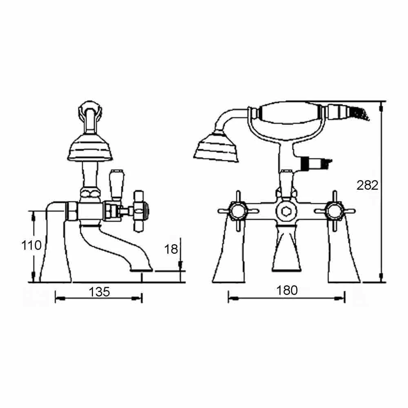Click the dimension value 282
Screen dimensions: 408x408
[367, 185]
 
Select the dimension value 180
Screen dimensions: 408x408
[287, 290]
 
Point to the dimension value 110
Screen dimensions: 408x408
[31, 245]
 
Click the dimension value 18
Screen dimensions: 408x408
[172, 249]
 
